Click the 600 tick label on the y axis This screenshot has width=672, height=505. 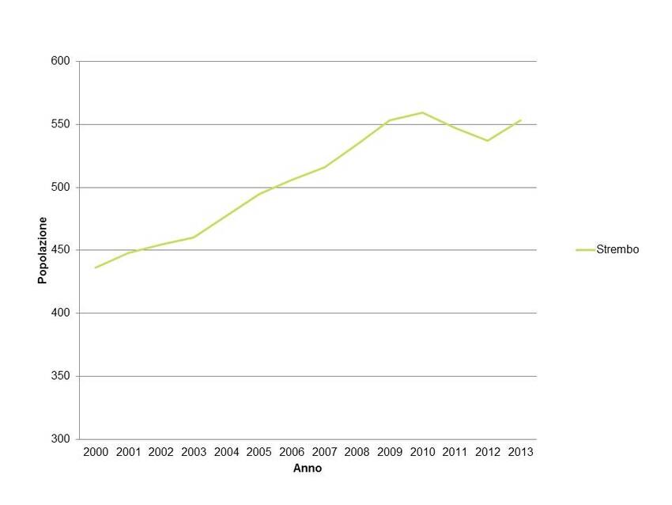[62, 61]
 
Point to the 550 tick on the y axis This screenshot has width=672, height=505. [62, 124]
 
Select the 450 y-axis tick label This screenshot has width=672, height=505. [62, 250]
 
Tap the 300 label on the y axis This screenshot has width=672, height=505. [62, 439]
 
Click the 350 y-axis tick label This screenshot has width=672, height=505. [62, 376]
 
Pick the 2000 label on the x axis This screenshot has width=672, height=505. [96, 452]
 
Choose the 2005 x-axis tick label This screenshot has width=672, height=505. [259, 452]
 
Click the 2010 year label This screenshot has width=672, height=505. [422, 452]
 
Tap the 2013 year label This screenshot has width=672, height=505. [520, 452]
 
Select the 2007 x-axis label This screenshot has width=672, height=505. [324, 452]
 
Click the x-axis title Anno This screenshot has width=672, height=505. [308, 469]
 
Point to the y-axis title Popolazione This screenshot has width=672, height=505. [43, 250]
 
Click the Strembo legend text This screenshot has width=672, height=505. [617, 249]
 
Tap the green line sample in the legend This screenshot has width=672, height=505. [585, 249]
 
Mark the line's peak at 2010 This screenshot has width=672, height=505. [422, 112]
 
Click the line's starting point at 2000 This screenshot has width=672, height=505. [96, 268]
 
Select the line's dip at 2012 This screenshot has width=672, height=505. [488, 140]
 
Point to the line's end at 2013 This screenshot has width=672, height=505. [520, 120]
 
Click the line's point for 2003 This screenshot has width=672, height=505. [194, 237]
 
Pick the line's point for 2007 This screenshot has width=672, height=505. [324, 167]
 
